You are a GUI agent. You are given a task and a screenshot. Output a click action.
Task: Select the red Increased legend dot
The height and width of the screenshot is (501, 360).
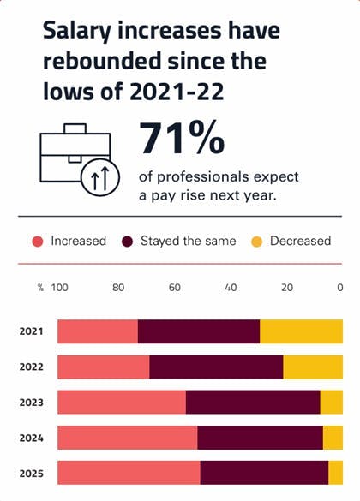coord(38,241)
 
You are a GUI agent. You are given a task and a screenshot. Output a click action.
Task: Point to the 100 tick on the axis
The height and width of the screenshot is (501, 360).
coord(60,288)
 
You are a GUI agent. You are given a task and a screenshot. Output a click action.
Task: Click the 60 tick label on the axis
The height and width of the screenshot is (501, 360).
coord(174,288)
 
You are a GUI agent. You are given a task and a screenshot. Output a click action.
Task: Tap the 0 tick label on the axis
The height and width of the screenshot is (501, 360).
coord(340,288)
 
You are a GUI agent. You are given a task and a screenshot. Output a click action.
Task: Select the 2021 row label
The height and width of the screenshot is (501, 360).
coord(31,331)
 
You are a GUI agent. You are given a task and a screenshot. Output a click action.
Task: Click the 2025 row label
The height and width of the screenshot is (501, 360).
coord(31,473)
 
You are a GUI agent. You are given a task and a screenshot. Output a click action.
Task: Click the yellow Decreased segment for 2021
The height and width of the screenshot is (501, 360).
coord(301,331)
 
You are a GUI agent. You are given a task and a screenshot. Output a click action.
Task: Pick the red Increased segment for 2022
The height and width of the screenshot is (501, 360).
coord(103,367)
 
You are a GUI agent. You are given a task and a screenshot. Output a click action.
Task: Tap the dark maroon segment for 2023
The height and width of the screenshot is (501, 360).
coord(253,403)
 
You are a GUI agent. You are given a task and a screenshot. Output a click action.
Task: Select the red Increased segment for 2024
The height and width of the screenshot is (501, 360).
coord(127,438)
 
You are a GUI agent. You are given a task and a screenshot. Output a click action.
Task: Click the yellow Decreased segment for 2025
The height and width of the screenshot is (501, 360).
coord(335,473)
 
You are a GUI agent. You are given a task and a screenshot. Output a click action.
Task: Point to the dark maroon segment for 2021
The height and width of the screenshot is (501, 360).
coord(198,331)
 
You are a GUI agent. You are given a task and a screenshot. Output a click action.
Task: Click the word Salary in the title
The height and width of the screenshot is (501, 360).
coord(78,33)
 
